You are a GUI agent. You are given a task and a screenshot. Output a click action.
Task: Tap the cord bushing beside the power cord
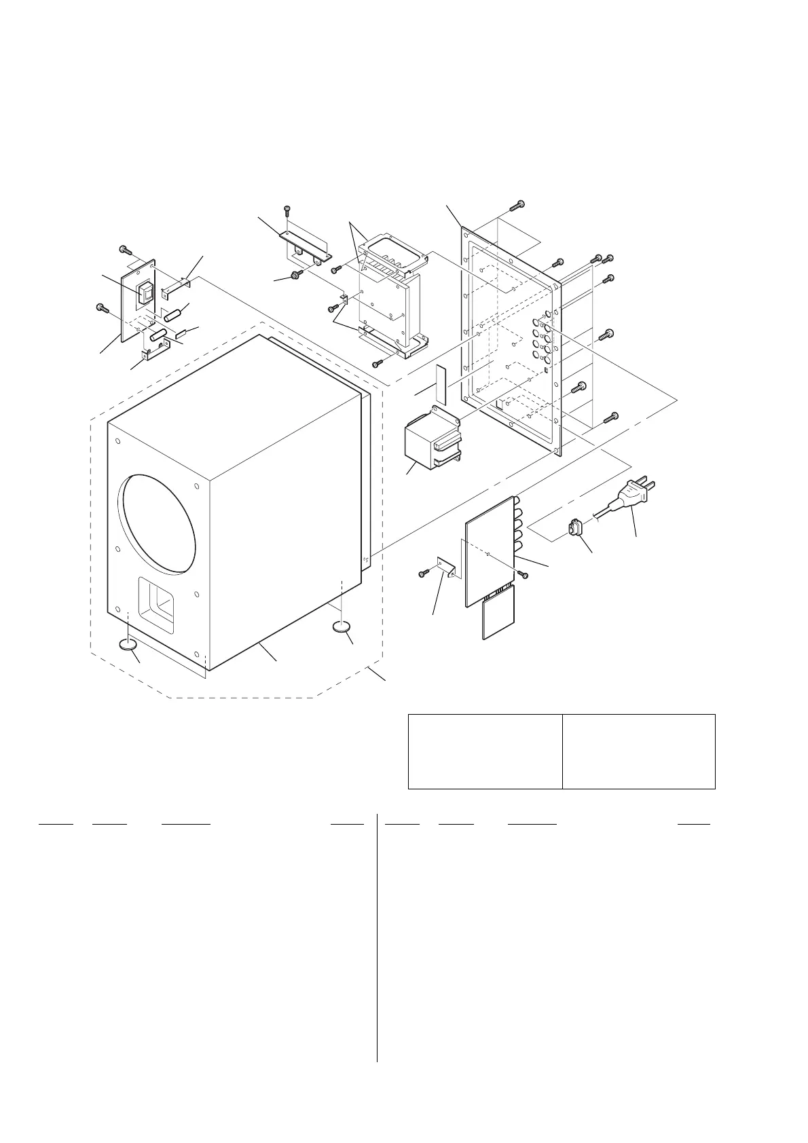tap(576, 528)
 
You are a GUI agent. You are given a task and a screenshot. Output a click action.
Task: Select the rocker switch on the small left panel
tap(145, 293)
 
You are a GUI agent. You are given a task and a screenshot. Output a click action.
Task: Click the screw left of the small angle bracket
tap(422, 574)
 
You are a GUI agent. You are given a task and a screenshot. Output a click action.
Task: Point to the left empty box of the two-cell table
tap(485, 751)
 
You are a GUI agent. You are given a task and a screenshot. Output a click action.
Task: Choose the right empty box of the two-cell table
tap(639, 751)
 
